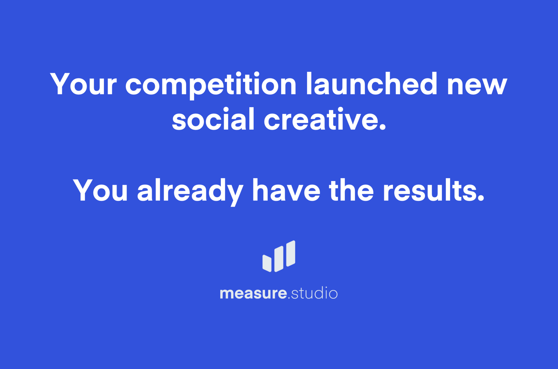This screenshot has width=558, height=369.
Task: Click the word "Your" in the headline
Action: pyautogui.click(x=83, y=84)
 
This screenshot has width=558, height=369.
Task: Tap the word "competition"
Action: pyautogui.click(x=211, y=86)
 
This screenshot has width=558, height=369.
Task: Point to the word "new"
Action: pyautogui.click(x=477, y=86)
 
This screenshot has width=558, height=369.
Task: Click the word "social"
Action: pyautogui.click(x=213, y=119)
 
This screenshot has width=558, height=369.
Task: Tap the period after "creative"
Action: pyautogui.click(x=382, y=126)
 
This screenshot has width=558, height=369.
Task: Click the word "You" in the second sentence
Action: pyautogui.click(x=100, y=190)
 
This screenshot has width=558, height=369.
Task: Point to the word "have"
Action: pyautogui.click(x=286, y=190)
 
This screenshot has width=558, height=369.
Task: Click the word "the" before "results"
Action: pyautogui.click(x=351, y=190)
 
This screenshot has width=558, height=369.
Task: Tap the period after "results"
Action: pyautogui.click(x=481, y=197)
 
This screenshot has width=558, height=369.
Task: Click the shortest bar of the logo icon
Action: pyautogui.click(x=267, y=263)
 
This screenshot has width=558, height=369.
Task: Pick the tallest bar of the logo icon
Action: pyautogui.click(x=291, y=253)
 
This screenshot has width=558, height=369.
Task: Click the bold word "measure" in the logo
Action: pyautogui.click(x=253, y=293)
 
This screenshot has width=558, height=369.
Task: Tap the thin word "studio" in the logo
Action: pyautogui.click(x=314, y=293)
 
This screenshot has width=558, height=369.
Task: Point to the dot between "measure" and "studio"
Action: pyautogui.click(x=289, y=298)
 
